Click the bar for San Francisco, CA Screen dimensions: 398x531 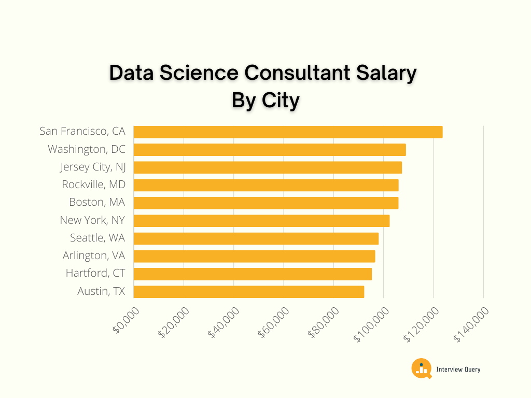tap(288, 132)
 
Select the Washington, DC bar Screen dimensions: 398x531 tap(270, 150)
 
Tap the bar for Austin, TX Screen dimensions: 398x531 tap(249, 292)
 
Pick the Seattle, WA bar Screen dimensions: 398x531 tap(256, 238)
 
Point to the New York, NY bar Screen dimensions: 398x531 tap(261, 221)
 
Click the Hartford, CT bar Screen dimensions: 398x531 tap(253, 274)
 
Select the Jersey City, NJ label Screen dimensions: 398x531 tap(93, 167)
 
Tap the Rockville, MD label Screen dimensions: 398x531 tap(93, 185)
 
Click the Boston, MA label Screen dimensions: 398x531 tap(97, 203)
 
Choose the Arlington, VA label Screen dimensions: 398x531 tap(94, 256)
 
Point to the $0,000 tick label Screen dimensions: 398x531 tap(126, 322)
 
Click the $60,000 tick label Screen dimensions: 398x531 tap(275, 322)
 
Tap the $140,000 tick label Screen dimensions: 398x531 tap(471, 324)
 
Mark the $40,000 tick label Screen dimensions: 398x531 tap(225, 322)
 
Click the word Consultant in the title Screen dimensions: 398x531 tap(281, 73)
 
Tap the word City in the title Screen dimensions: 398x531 tap(281, 100)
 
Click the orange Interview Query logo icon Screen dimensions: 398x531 tap(421, 368)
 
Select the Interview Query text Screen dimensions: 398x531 tap(458, 369)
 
